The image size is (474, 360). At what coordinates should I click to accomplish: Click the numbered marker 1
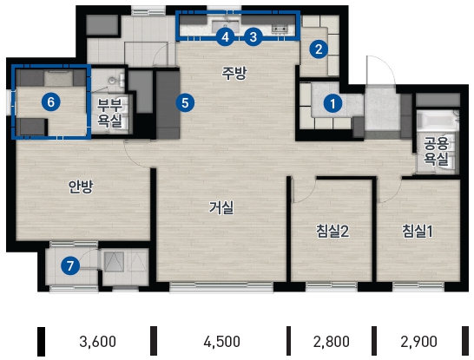[x=332, y=103]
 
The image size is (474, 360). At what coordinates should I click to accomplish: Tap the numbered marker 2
[x=319, y=49]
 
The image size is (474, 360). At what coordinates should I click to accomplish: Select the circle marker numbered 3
[x=253, y=36]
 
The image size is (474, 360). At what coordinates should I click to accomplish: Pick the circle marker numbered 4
[x=225, y=37]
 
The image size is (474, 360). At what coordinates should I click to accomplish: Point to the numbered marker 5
[x=185, y=102]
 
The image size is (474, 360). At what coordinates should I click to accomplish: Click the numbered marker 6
[x=50, y=101]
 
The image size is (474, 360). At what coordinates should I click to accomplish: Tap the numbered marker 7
[x=70, y=266]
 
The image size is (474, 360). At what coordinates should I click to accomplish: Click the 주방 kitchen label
[x=234, y=73]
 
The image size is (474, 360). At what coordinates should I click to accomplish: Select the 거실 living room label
[x=221, y=208]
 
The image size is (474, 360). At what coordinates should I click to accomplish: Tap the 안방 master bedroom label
[x=81, y=187]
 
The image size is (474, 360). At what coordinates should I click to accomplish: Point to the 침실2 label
[x=332, y=231]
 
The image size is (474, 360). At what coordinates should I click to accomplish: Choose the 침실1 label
[x=418, y=231]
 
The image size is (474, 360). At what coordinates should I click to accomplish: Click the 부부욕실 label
[x=109, y=113]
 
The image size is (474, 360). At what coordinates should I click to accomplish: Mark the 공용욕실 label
[x=436, y=151]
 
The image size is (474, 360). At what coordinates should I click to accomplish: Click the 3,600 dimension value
[x=97, y=342]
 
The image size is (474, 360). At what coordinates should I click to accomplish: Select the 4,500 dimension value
[x=222, y=342]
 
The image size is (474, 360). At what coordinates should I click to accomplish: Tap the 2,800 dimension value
[x=332, y=342]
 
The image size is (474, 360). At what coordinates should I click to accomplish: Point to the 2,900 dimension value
[x=418, y=342]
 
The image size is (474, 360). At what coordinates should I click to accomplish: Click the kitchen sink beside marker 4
[x=225, y=25]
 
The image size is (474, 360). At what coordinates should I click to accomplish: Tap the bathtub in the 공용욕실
[x=437, y=122]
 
